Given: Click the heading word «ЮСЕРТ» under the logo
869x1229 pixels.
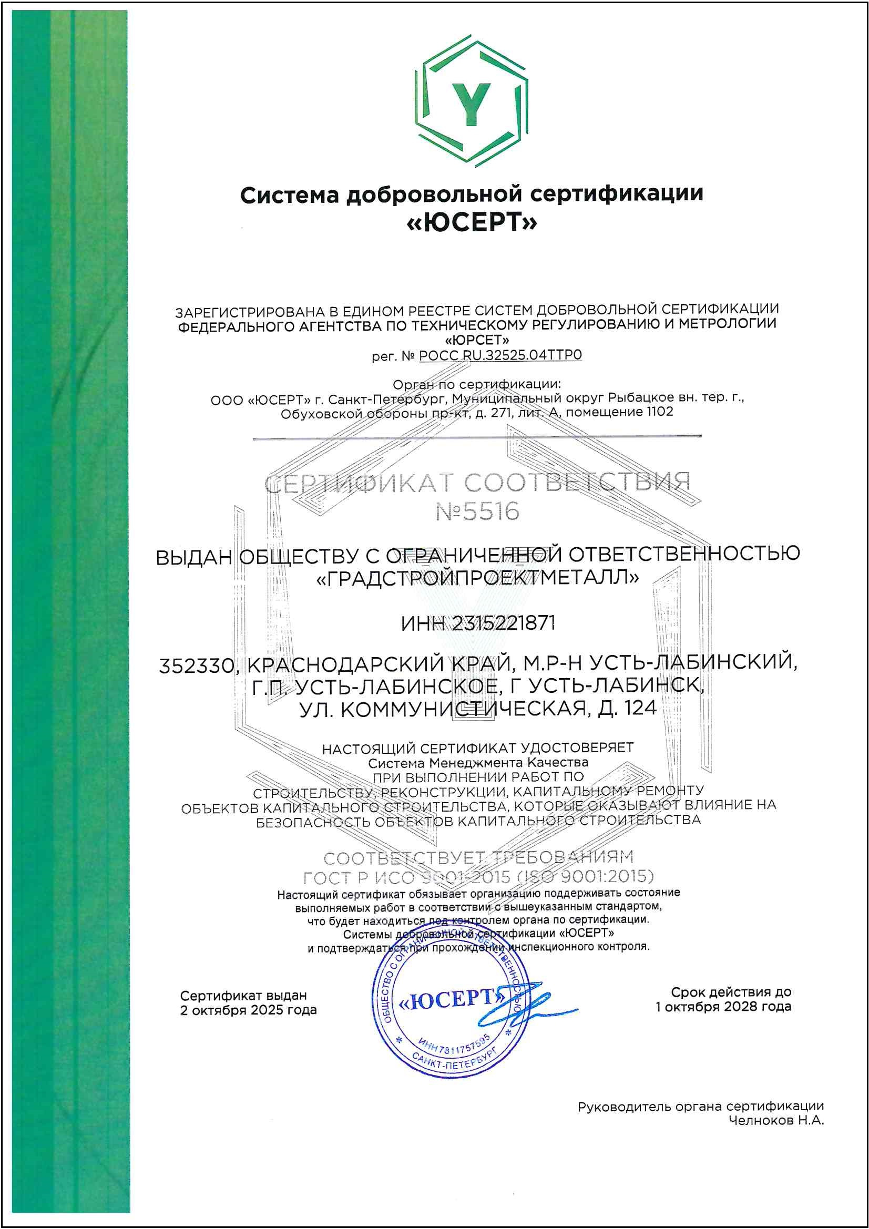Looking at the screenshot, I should [x=472, y=221].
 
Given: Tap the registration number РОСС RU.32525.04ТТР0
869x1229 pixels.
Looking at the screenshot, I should [x=500, y=355].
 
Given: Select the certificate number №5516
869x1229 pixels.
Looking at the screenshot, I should [x=477, y=511].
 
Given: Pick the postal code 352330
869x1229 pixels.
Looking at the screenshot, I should [x=196, y=665].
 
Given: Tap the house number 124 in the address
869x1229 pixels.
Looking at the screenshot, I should [x=640, y=708].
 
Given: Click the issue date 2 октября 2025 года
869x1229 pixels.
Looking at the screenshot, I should [x=249, y=1010].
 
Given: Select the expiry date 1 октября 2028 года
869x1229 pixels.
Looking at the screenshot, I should [x=723, y=1006].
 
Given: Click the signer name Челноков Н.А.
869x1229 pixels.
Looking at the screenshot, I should [x=776, y=1120].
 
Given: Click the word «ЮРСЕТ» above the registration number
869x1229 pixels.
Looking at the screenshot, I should [x=477, y=340].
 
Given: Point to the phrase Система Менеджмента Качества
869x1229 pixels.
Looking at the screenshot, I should [x=478, y=762].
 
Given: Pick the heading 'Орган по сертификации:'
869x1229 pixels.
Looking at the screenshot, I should [x=477, y=384].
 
